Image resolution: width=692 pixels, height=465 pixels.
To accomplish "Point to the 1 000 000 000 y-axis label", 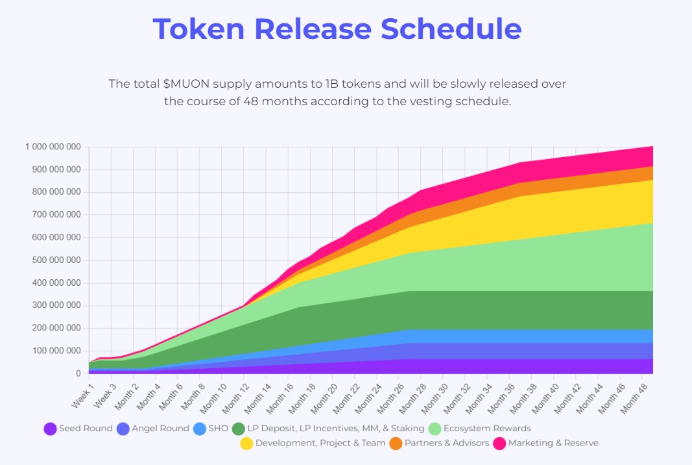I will pyautogui.click(x=53, y=147).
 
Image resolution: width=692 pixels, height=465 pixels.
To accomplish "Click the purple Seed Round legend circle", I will pyautogui.click(x=50, y=429).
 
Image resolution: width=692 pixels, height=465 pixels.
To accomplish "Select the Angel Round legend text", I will pyautogui.click(x=160, y=429).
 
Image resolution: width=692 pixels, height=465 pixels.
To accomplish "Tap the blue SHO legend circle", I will pyautogui.click(x=200, y=429).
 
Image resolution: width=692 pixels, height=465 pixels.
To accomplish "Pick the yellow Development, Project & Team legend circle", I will pyautogui.click(x=246, y=444).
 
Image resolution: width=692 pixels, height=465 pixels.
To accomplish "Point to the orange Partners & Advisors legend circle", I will pyautogui.click(x=396, y=444).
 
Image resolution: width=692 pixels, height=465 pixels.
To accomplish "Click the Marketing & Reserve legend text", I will pyautogui.click(x=553, y=444).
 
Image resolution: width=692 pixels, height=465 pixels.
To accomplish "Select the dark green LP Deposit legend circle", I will pyautogui.click(x=238, y=429).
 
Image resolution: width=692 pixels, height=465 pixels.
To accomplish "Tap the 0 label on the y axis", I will pyautogui.click(x=77, y=373).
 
